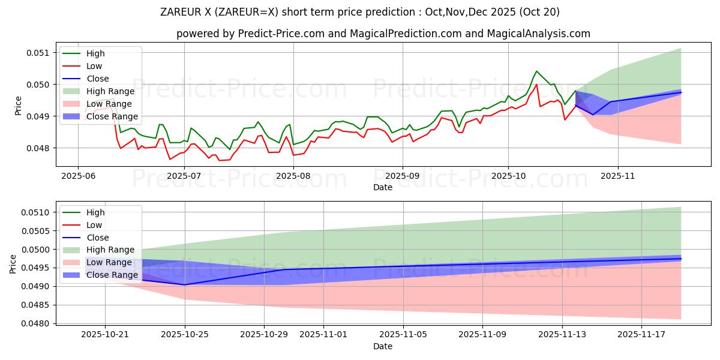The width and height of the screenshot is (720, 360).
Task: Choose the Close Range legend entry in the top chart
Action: [112, 116]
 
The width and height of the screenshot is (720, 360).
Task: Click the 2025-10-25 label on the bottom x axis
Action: [185, 334]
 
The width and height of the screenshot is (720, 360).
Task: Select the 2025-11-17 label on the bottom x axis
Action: [642, 334]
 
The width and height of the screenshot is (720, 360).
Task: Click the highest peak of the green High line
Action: [536, 71]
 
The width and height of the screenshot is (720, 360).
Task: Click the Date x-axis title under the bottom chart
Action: [383, 346]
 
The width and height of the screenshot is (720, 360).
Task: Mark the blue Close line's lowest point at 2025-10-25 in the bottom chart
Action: [185, 284]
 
